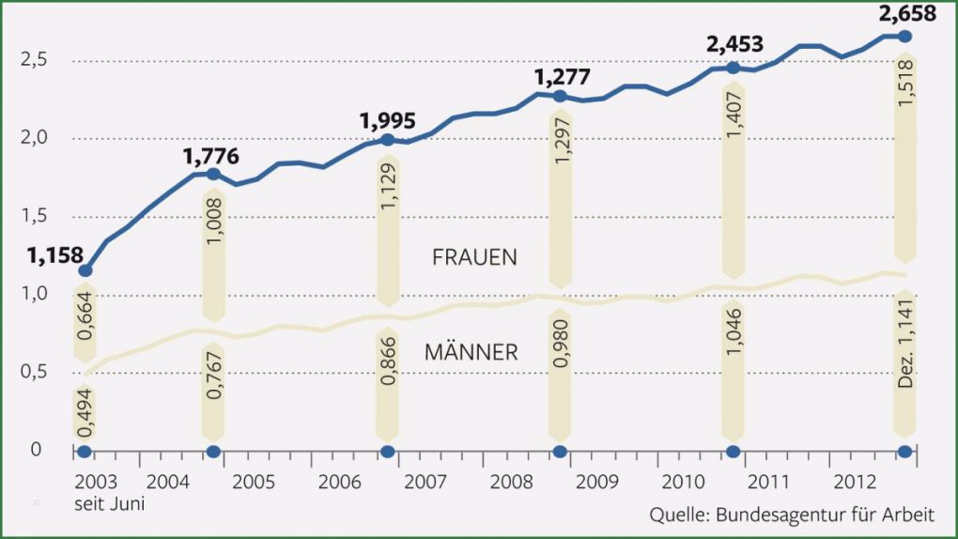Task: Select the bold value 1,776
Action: pos(211,155)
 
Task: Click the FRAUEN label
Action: pos(474,257)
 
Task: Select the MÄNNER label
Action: pos(471,352)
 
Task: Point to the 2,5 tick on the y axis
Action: pos(35,61)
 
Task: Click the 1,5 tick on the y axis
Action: pos(35,217)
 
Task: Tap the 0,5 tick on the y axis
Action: pos(35,373)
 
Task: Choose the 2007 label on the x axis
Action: pos(425,483)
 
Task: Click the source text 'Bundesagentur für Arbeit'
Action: pos(826,515)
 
